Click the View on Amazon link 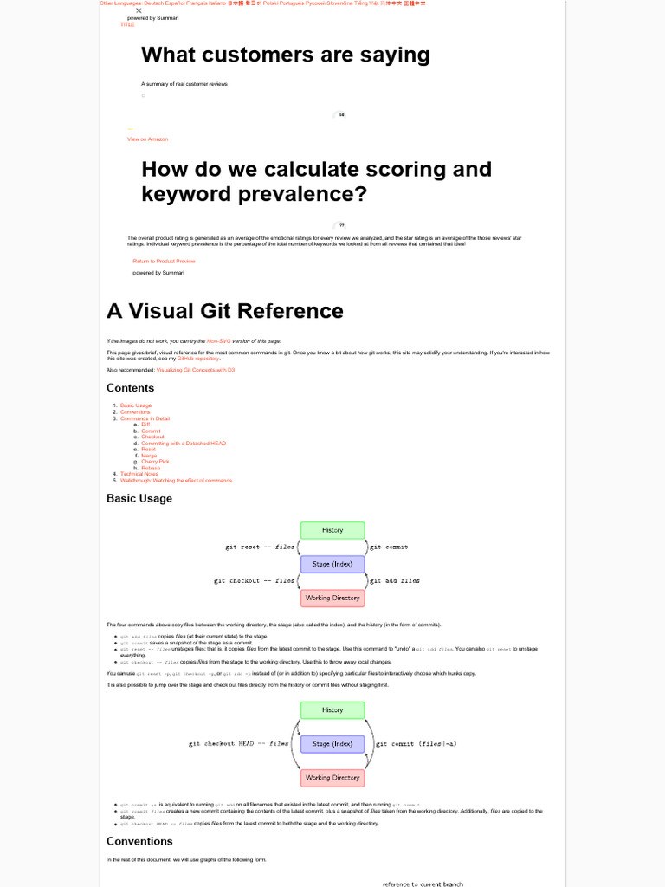[x=147, y=139]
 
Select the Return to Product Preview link [x=164, y=261]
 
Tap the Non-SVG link [x=220, y=341]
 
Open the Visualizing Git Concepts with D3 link [x=196, y=370]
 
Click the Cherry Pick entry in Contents [x=155, y=462]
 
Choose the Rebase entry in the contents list [x=151, y=468]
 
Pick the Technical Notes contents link [x=139, y=474]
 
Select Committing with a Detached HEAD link [x=183, y=443]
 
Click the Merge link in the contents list [x=149, y=456]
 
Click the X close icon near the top [x=139, y=10]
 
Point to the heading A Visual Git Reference [x=224, y=311]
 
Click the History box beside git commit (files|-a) [x=332, y=710]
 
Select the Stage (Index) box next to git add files [x=332, y=564]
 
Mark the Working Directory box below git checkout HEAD [x=332, y=778]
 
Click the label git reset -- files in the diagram [x=260, y=547]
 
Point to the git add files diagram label [x=395, y=581]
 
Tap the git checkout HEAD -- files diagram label [x=239, y=744]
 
